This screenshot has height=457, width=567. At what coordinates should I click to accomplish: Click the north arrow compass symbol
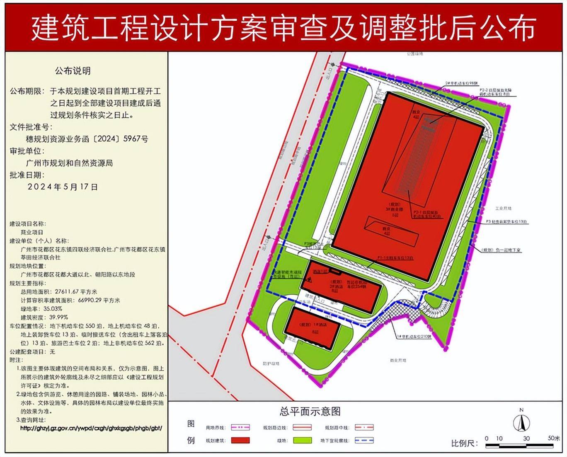click(x=521, y=423)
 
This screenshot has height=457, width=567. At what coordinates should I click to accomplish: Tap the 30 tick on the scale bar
click(x=526, y=439)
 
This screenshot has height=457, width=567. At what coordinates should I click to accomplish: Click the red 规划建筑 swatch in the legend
click(x=240, y=440)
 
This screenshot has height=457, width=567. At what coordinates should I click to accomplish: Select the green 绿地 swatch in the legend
click(x=302, y=440)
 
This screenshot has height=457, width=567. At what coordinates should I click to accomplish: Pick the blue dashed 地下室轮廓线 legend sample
click(x=364, y=440)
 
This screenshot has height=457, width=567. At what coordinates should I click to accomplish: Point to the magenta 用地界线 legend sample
click(x=240, y=427)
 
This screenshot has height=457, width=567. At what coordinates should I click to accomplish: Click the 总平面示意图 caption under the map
click(x=310, y=411)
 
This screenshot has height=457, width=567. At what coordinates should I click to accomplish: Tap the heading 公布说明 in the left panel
click(x=73, y=71)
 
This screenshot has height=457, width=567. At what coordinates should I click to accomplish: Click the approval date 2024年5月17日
click(x=63, y=187)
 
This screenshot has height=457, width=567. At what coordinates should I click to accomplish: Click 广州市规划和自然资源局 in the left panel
click(x=69, y=163)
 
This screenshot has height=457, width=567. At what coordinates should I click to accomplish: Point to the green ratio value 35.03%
click(x=53, y=308)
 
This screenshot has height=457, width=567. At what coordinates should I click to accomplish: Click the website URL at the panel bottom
click(x=91, y=428)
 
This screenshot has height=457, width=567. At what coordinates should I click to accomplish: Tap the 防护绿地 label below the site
click(x=271, y=363)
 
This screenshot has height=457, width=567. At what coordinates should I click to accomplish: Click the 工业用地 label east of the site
click(x=503, y=209)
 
